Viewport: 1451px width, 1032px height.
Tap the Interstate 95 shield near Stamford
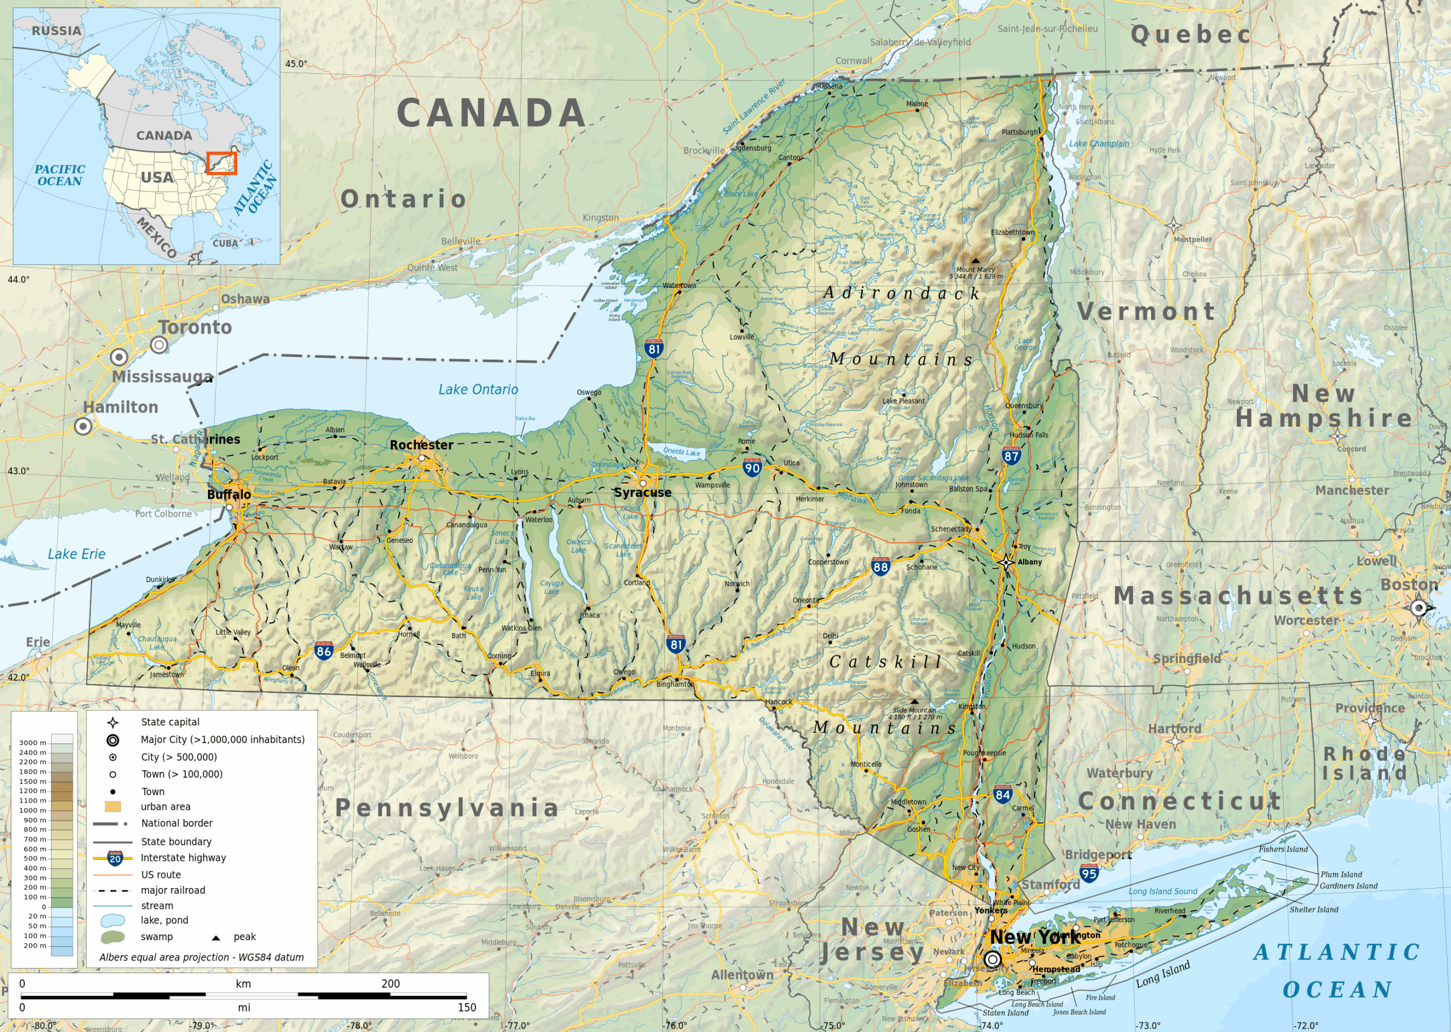[1089, 873]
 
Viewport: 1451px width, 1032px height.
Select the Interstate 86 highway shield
[324, 650]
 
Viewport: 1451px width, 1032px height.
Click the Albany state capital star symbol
[1006, 562]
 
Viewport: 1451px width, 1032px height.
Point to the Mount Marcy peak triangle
[975, 261]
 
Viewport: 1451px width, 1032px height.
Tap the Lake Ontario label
[478, 389]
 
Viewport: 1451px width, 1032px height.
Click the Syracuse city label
[642, 492]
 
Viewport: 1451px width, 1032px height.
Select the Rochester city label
[421, 445]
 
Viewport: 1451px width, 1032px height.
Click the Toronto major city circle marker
[159, 345]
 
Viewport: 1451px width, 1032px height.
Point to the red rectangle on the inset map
[221, 163]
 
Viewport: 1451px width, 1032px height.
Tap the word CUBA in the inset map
[225, 243]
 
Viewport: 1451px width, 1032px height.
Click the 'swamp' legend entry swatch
[112, 937]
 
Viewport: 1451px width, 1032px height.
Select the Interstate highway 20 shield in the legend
[115, 859]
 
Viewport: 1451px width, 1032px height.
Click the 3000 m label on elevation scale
[32, 742]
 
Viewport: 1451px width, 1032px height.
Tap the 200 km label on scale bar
[390, 984]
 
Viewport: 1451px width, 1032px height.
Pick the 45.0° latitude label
[296, 63]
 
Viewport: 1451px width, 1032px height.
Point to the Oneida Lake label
[681, 452]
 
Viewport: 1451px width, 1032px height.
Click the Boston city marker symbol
[1418, 608]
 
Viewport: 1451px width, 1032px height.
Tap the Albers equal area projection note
[201, 957]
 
